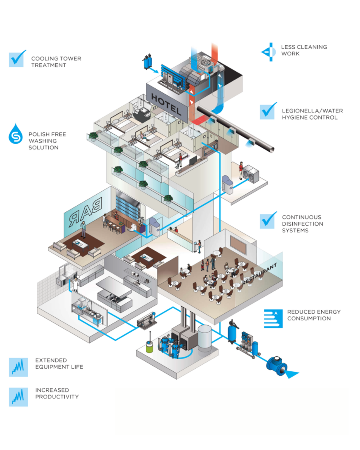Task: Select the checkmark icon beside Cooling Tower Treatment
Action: [x=18, y=58]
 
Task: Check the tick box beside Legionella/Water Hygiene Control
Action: [x=268, y=111]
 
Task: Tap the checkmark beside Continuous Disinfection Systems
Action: [x=268, y=220]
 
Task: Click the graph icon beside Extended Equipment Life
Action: [x=18, y=367]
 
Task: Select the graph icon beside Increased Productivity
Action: [x=18, y=397]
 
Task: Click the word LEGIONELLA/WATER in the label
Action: [x=306, y=111]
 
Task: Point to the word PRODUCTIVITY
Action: [x=57, y=396]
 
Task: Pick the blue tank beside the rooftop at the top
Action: [x=147, y=62]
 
